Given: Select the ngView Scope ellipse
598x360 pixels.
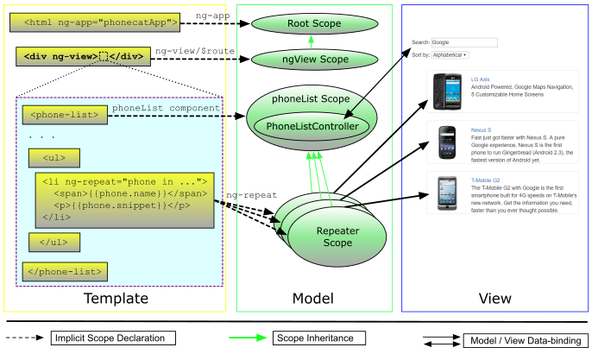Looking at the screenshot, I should coord(315,60).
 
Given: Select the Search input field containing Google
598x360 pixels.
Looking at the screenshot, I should coord(463,41).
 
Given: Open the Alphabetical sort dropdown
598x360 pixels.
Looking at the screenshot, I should coord(451,54).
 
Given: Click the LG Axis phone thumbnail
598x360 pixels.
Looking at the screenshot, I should coord(448,92).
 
